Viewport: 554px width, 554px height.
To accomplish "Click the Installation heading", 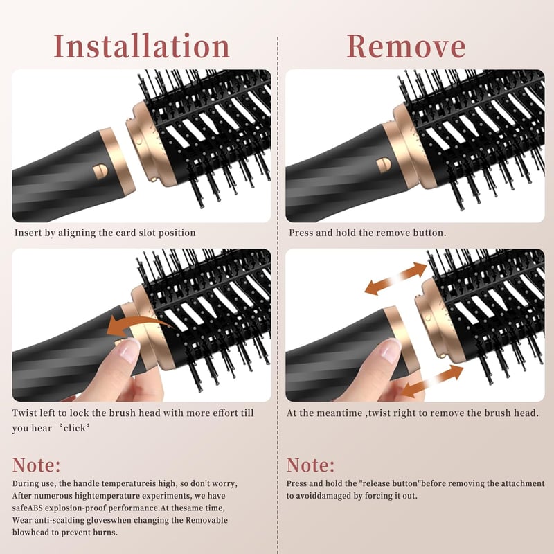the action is [x=142, y=46].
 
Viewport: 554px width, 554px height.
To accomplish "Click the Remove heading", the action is [x=406, y=46].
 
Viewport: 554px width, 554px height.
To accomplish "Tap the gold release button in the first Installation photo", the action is [x=100, y=170].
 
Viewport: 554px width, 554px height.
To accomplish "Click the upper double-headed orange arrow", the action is [x=395, y=279].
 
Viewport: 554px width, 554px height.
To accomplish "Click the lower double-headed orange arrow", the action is [x=432, y=382].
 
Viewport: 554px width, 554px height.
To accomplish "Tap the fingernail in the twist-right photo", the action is [x=391, y=350].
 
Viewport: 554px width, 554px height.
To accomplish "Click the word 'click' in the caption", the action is [x=74, y=428].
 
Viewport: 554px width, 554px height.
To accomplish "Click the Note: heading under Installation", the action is [x=37, y=465].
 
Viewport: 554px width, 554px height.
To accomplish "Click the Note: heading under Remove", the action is [x=310, y=465].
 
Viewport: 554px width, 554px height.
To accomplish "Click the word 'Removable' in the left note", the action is [x=206, y=520].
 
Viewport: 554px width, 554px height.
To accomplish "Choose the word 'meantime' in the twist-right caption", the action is [x=344, y=413].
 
